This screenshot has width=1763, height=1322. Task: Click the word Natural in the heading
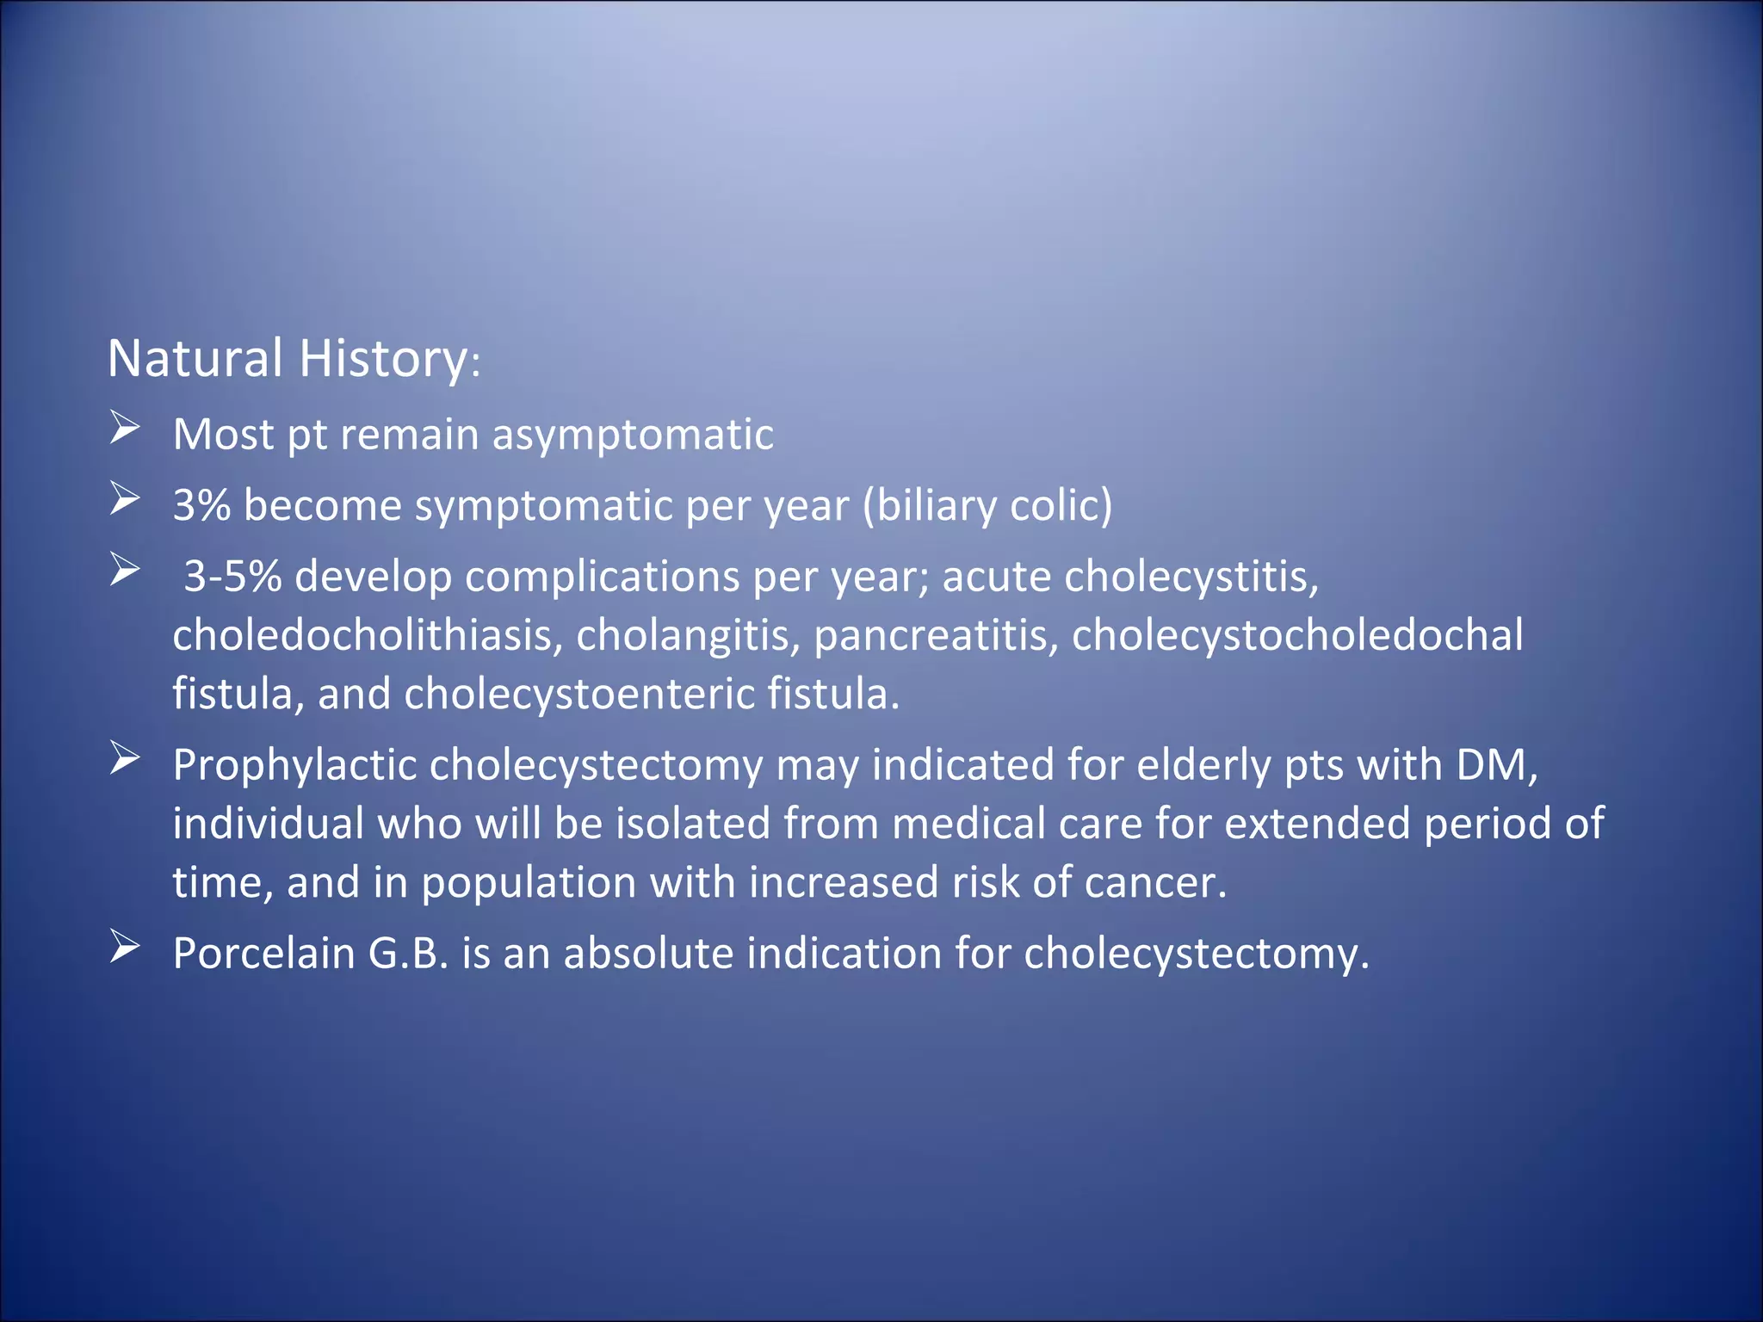pos(195,358)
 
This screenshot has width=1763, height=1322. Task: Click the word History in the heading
pos(382,358)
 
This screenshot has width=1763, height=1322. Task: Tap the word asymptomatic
pos(632,435)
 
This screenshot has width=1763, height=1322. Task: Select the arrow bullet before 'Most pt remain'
pos(125,428)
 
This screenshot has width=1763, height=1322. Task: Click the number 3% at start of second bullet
pos(201,505)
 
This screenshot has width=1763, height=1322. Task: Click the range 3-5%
pos(232,576)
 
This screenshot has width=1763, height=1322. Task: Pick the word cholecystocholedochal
pos(1296,635)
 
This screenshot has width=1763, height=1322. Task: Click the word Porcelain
pos(263,954)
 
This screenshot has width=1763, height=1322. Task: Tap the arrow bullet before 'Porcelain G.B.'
pos(125,948)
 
